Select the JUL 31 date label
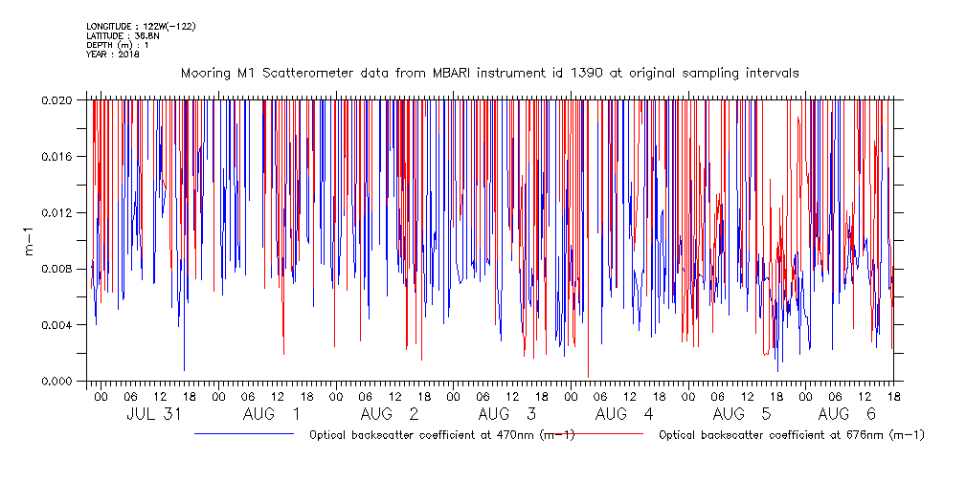(x=155, y=414)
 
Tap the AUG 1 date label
(x=271, y=414)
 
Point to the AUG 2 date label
(x=389, y=414)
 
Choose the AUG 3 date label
(x=506, y=414)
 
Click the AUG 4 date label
(x=623, y=414)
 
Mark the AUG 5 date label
(x=741, y=414)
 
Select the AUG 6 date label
(x=846, y=414)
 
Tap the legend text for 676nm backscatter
(x=792, y=435)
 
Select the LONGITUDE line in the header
(x=141, y=26)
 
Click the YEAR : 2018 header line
(x=113, y=55)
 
